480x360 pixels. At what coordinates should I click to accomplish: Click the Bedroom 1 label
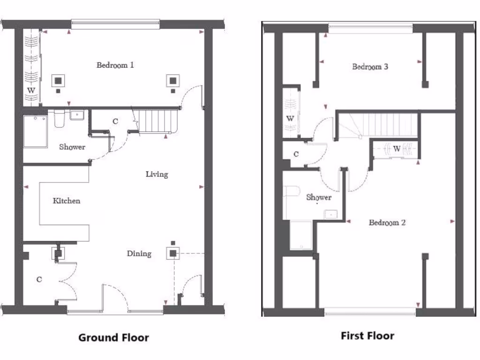[115, 65]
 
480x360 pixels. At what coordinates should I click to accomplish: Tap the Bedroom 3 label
[370, 67]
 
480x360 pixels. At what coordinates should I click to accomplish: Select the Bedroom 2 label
[387, 223]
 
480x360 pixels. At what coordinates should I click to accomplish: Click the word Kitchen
[66, 201]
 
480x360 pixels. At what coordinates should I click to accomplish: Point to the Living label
[157, 174]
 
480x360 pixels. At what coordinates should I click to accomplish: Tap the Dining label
[139, 254]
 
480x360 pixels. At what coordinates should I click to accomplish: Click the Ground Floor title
[113, 337]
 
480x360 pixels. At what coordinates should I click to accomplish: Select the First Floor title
[367, 336]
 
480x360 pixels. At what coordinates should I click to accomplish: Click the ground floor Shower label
[72, 147]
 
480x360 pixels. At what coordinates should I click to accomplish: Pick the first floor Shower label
[319, 197]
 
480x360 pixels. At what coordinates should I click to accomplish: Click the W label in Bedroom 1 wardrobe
[31, 90]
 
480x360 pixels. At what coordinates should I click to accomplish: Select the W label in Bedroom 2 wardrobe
[397, 149]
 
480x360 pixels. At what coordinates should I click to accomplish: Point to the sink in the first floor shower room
[330, 214]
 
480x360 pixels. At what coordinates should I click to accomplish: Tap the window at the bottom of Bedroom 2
[370, 311]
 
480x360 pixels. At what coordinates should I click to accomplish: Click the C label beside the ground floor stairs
[115, 121]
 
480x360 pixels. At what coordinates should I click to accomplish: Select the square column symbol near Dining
[173, 254]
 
